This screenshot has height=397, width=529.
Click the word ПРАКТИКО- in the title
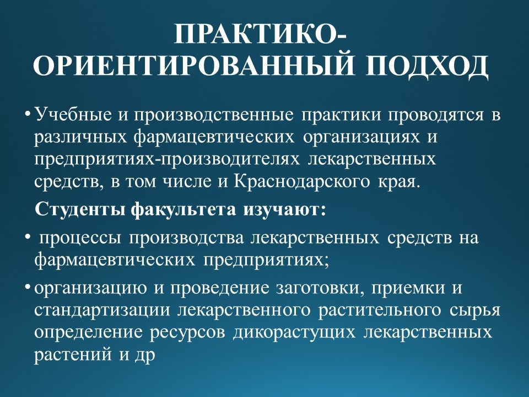tap(260, 34)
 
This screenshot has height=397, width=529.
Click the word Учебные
tap(73, 115)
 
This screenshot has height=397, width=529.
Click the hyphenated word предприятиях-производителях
tap(166, 159)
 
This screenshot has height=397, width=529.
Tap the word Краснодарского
tap(302, 182)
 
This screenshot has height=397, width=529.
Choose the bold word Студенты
tap(81, 210)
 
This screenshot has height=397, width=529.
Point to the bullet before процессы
tap(28, 237)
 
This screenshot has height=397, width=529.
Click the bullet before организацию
tap(28, 287)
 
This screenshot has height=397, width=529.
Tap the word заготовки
tap(320, 288)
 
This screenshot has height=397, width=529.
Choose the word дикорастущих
tap(294, 333)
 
